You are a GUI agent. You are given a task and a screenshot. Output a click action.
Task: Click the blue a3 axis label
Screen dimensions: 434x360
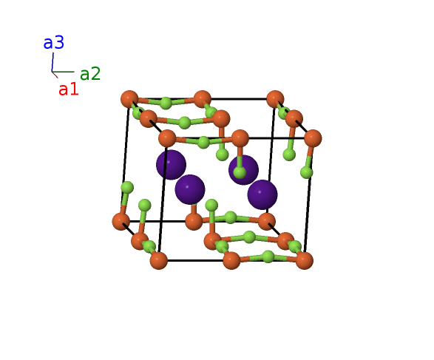pyautogui.click(x=54, y=43)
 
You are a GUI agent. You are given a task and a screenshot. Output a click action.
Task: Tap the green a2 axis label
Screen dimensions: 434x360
pyautogui.click(x=90, y=74)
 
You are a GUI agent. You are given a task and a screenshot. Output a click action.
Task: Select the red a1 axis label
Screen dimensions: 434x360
pyautogui.click(x=69, y=89)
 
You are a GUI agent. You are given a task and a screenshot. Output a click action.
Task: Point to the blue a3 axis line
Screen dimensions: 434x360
pyautogui.click(x=52, y=62)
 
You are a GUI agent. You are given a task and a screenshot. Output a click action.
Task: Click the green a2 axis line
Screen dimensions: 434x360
pyautogui.click(x=63, y=72)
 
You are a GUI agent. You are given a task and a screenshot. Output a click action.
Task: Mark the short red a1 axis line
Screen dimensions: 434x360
pyautogui.click(x=55, y=75)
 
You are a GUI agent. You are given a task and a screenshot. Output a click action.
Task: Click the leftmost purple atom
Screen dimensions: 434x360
pyautogui.click(x=171, y=165)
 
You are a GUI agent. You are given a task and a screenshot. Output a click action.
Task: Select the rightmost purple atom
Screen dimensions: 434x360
pyautogui.click(x=262, y=194)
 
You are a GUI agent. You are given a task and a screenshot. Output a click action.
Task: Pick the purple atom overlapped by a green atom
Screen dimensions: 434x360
pyautogui.click(x=243, y=169)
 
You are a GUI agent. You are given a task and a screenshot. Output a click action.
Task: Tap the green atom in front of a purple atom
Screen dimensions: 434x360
pyautogui.click(x=240, y=173)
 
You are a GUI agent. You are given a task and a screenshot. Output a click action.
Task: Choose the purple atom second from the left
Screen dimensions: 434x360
pyautogui.click(x=190, y=189)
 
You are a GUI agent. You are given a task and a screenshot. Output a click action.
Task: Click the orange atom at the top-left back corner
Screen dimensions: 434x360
pyautogui.click(x=129, y=99)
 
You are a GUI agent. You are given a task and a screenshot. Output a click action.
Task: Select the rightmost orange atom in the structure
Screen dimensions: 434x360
pyautogui.click(x=313, y=138)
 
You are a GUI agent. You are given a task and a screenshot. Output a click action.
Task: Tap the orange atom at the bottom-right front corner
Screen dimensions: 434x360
pyautogui.click(x=305, y=260)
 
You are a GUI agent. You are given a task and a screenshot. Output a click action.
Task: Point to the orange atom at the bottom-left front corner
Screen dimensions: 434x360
pyautogui.click(x=159, y=260)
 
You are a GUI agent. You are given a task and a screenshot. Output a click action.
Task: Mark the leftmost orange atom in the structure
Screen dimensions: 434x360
pyautogui.click(x=121, y=222)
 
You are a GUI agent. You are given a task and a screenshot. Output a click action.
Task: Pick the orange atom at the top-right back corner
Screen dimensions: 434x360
pyautogui.click(x=275, y=99)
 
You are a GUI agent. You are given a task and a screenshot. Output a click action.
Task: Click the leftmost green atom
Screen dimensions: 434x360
pyautogui.click(x=127, y=188)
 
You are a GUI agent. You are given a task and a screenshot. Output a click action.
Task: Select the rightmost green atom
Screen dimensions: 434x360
pyautogui.click(x=307, y=173)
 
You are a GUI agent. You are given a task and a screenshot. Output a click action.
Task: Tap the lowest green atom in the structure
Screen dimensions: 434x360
pyautogui.click(x=268, y=257)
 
